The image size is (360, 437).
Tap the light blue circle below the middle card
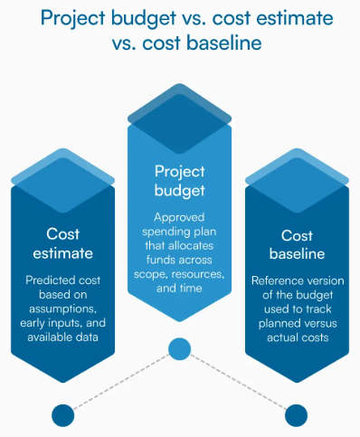(x=179, y=348)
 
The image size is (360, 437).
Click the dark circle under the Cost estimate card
(x=62, y=414)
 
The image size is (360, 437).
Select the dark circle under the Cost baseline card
(x=297, y=414)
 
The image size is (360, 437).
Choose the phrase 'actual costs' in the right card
(x=297, y=339)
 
